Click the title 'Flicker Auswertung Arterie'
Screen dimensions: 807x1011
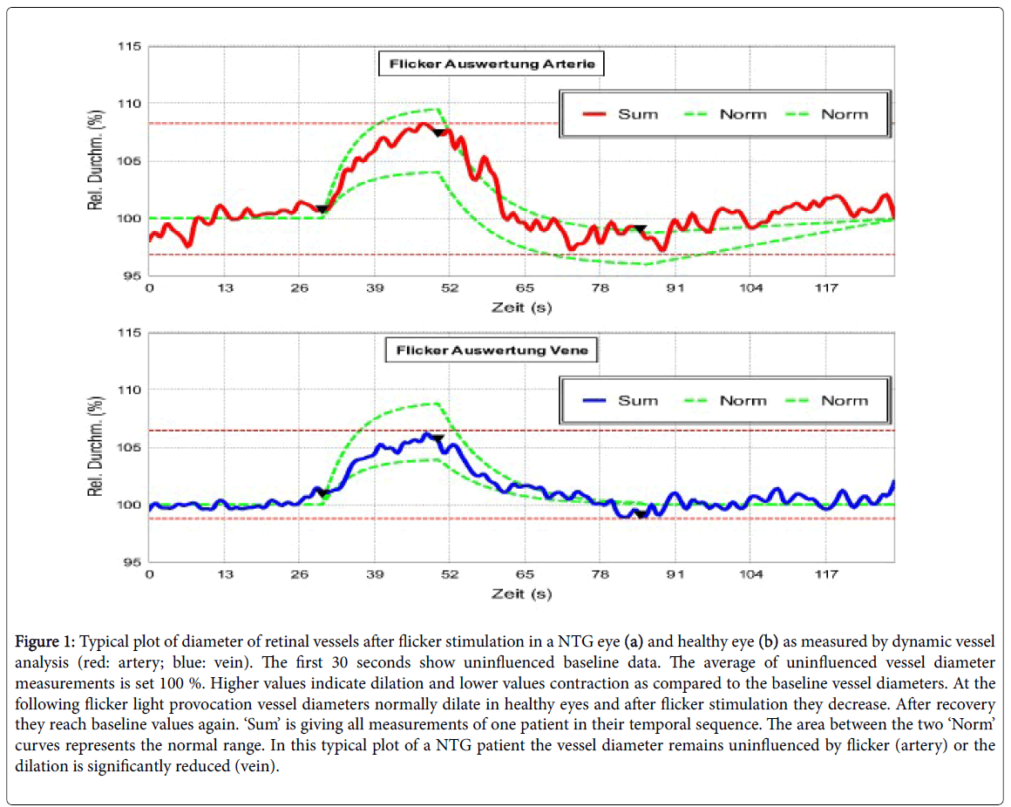pos(491,64)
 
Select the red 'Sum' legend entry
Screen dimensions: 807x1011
pos(638,114)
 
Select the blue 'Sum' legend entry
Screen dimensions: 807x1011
pos(638,401)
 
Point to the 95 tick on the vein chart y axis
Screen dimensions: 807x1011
pos(131,562)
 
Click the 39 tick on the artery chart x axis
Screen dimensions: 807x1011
pos(376,289)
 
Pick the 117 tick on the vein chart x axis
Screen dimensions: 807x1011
pos(826,575)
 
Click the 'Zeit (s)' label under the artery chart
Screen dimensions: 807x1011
pos(520,307)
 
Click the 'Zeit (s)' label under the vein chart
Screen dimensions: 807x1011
pos(520,593)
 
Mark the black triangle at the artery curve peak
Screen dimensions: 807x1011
pos(438,133)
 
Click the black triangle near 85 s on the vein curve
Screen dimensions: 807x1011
pos(641,514)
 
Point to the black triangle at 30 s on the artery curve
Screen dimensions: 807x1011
pos(322,209)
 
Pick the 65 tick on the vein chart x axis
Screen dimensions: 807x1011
pos(526,575)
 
